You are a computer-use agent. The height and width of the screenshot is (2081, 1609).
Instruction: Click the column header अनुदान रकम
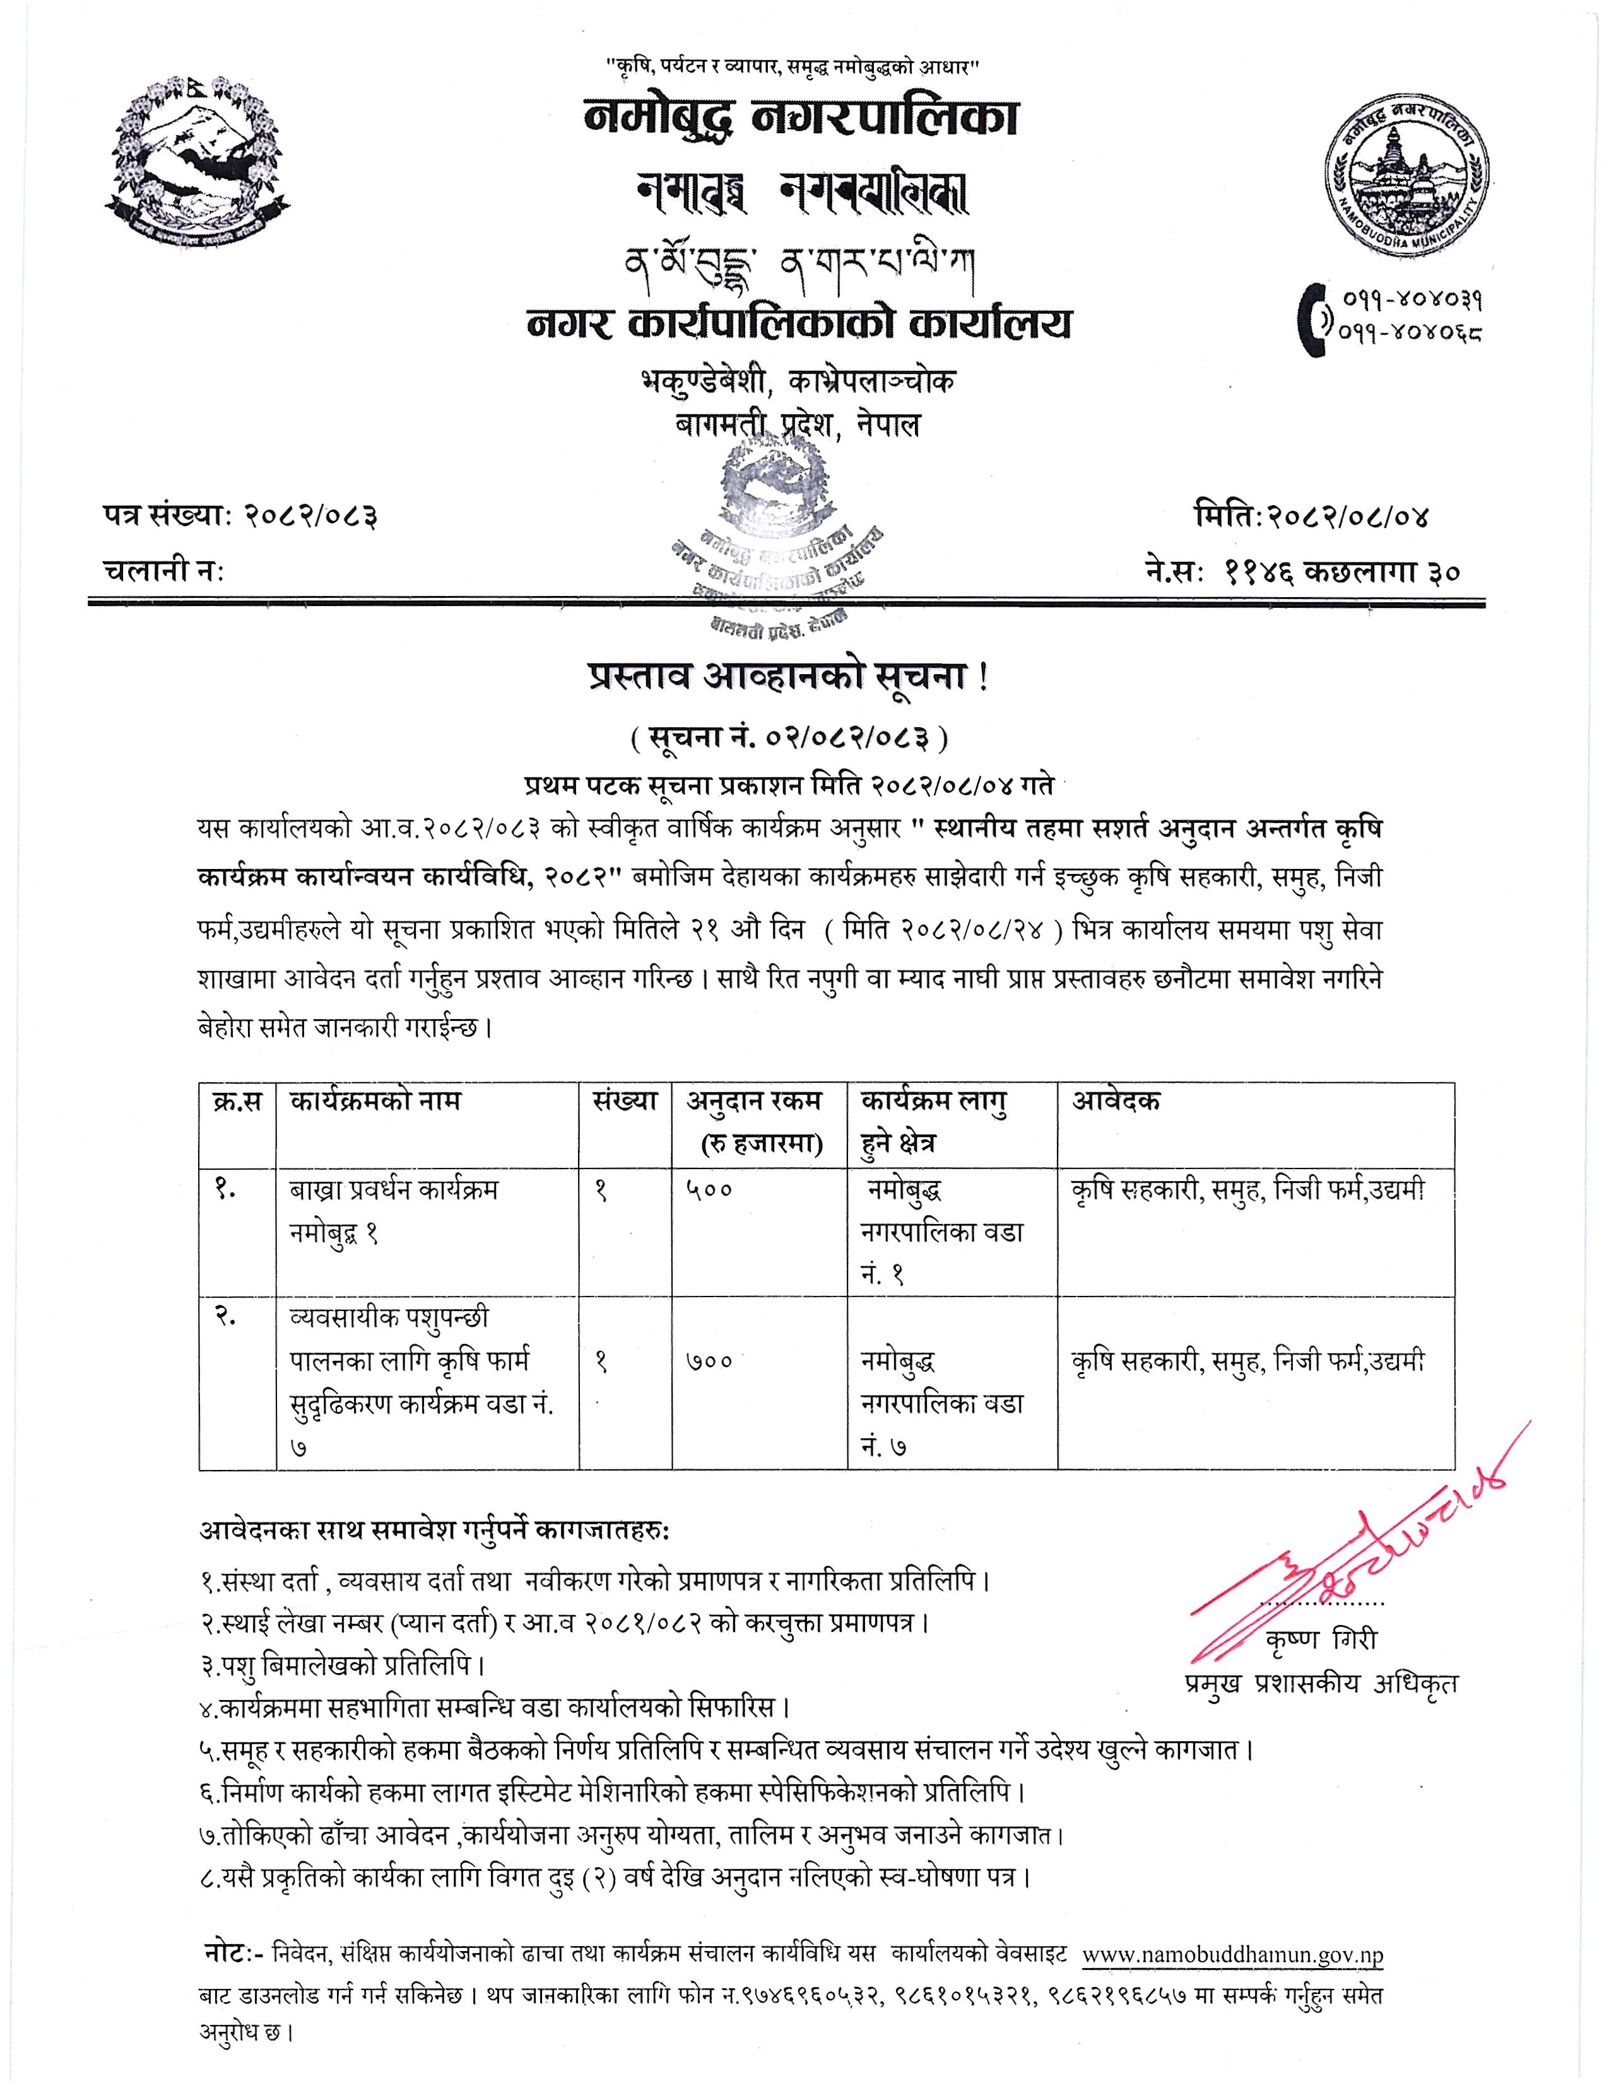coord(754,1102)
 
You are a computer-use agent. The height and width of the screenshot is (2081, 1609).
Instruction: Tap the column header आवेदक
coord(1117,1102)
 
